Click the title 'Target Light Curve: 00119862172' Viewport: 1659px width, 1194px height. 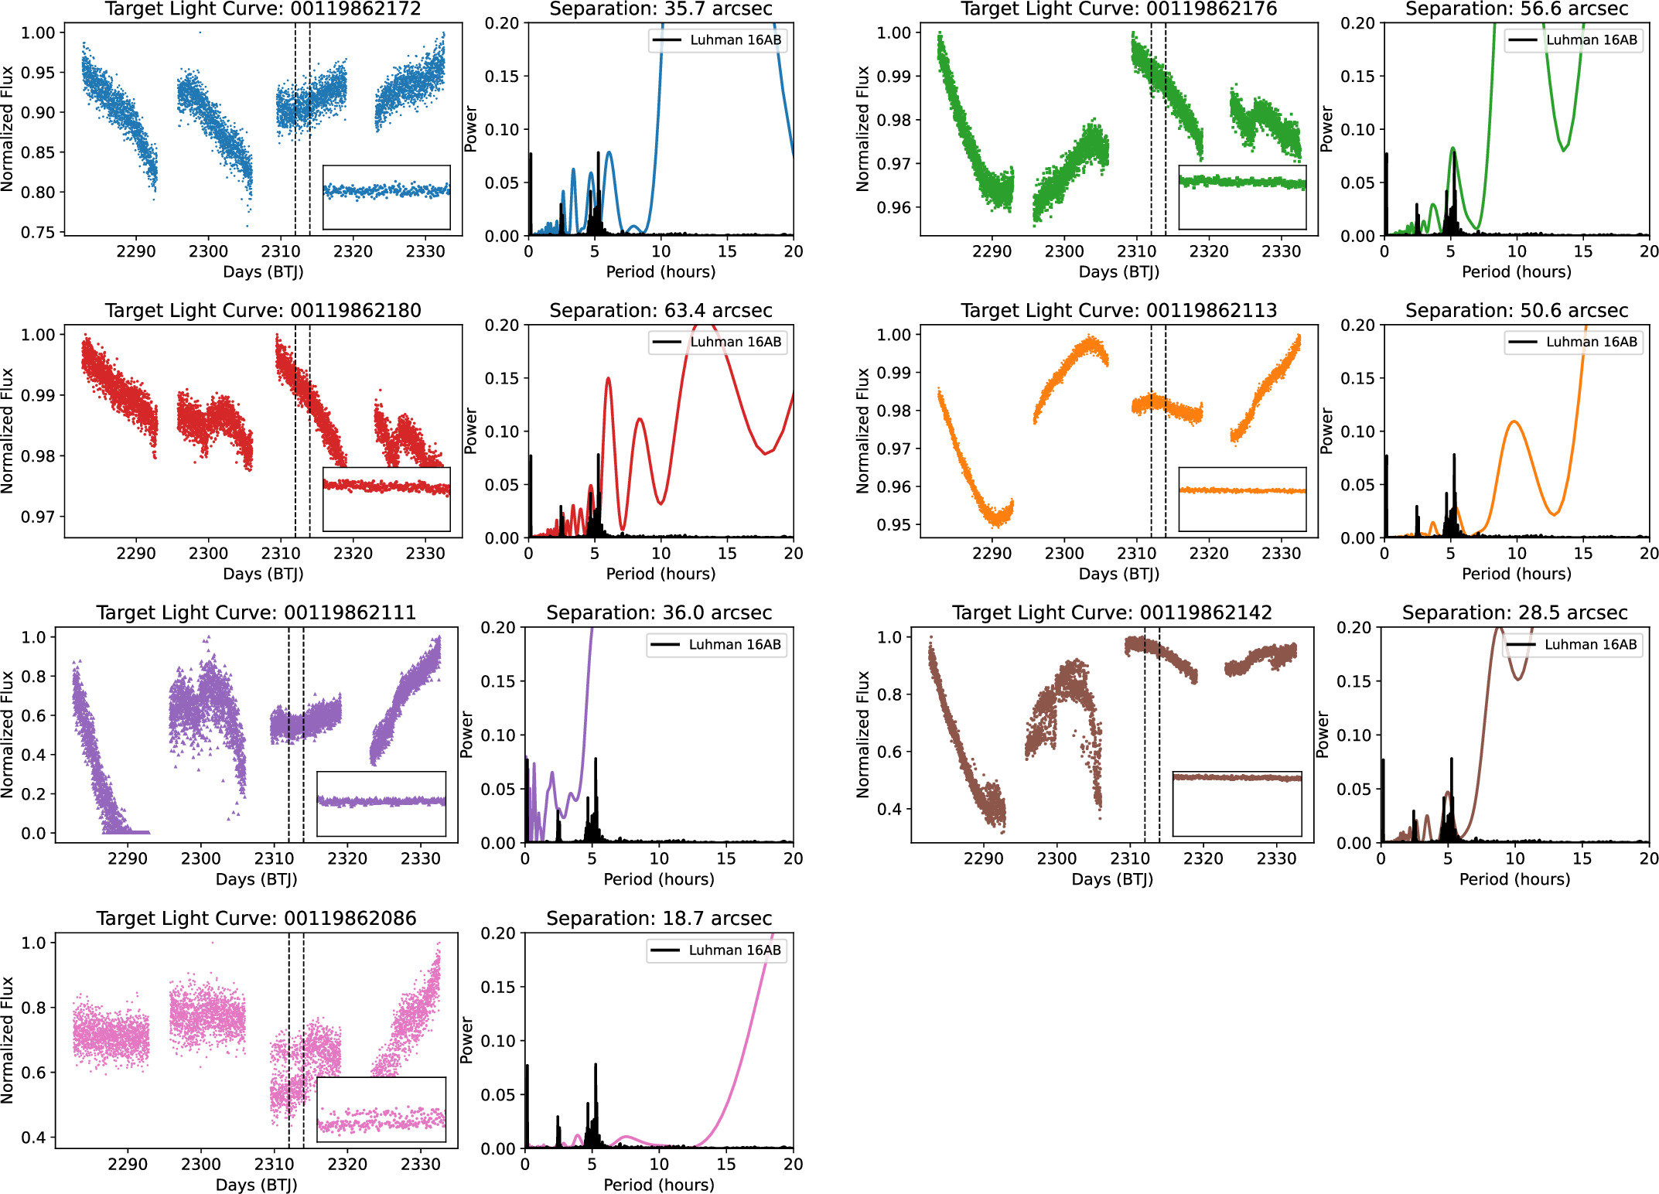(263, 9)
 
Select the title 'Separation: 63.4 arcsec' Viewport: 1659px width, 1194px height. (661, 311)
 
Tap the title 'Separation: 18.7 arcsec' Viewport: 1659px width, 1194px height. (659, 919)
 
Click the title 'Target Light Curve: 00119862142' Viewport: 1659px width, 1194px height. (1111, 613)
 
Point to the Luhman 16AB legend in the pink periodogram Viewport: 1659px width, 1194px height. (717, 950)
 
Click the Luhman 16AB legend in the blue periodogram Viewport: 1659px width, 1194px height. (719, 40)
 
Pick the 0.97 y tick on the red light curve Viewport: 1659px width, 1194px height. (38, 517)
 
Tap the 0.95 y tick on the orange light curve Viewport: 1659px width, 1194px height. (894, 525)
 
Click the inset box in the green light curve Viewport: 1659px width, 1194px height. (1242, 197)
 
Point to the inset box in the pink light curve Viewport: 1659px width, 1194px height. (381, 1110)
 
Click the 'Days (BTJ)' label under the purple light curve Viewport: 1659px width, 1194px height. (256, 879)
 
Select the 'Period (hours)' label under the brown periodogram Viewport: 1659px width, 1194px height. (1514, 879)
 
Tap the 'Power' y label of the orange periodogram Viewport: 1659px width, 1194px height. (1326, 431)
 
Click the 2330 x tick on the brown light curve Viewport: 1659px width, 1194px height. (1276, 858)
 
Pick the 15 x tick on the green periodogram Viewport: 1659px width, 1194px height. (1583, 251)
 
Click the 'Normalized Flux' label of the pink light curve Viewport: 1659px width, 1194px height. (8, 1039)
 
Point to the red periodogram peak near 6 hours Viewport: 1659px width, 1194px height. (608, 378)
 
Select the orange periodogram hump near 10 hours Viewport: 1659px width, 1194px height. (1514, 422)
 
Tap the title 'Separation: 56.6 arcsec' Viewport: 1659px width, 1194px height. (1516, 9)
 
